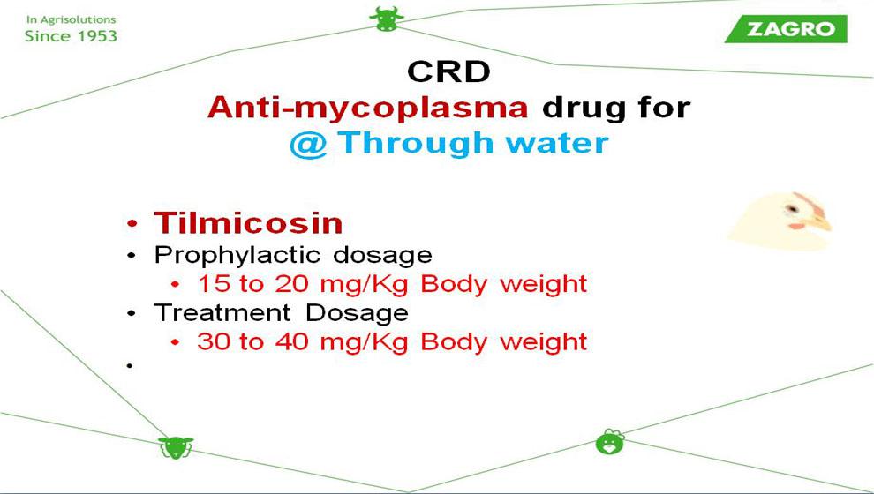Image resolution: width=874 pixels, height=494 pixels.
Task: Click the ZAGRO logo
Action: tap(786, 29)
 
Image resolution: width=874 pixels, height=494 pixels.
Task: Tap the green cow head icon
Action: tap(387, 19)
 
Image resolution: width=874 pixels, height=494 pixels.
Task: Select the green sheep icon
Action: tap(176, 447)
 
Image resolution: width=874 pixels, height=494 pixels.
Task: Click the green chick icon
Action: tap(610, 442)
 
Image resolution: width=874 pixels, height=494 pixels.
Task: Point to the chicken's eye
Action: tap(791, 209)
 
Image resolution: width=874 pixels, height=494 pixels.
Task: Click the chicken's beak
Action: tap(819, 223)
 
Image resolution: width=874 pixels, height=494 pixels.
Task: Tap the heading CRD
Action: tap(448, 71)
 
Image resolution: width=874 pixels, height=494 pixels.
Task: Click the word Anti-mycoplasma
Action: tap(367, 107)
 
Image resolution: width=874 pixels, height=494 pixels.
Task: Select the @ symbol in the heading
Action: tap(308, 144)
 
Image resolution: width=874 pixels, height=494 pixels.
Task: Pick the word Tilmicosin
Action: tap(248, 223)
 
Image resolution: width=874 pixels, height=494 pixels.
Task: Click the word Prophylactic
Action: tap(237, 256)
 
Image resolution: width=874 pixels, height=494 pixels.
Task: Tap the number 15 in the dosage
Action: tap(214, 284)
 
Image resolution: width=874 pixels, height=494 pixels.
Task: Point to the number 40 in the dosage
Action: tap(291, 341)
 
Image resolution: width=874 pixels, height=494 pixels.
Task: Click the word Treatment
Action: tap(222, 312)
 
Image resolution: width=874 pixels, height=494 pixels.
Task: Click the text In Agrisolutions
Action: tap(71, 19)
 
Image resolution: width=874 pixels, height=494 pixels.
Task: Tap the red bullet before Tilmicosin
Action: tap(132, 224)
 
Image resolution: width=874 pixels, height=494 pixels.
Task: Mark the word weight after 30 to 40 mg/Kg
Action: tap(544, 342)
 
